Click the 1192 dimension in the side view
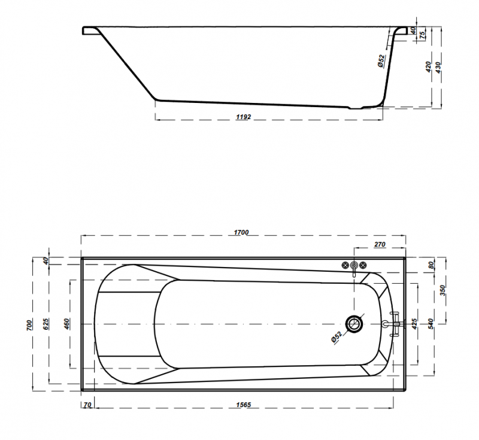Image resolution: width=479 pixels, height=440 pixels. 244,117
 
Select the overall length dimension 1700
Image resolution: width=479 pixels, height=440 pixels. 241,232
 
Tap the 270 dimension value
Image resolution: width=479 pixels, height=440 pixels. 380,244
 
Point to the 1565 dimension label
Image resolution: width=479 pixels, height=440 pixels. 244,405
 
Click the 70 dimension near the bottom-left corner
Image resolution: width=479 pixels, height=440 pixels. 87,405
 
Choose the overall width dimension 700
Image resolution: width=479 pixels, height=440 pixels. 29,324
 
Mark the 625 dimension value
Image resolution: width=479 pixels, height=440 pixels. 46,324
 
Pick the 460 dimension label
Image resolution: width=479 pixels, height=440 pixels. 67,324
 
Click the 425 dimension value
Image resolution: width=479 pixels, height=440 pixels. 414,324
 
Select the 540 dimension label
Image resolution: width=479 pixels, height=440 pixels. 431,324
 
